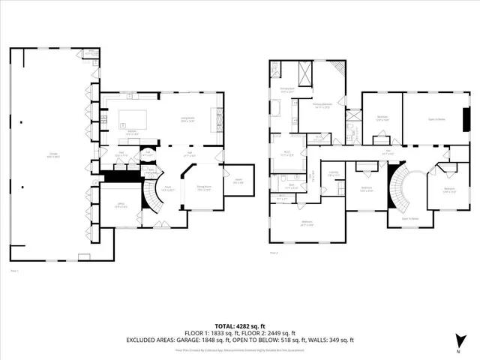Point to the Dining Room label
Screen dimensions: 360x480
(x=204, y=188)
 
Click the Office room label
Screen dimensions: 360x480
(x=119, y=205)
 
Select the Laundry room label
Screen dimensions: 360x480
(x=333, y=174)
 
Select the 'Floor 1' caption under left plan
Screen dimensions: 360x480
(x=13, y=270)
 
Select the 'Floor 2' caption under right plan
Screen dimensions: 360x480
(x=274, y=253)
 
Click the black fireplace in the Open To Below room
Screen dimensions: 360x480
(x=467, y=120)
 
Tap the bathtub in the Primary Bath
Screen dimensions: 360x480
(x=274, y=111)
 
